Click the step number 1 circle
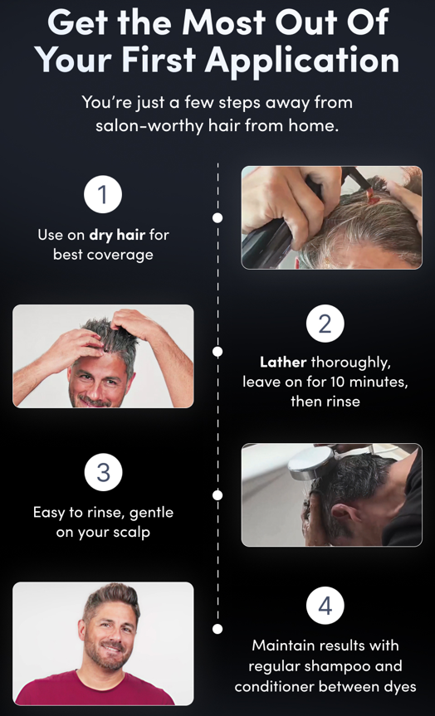pyautogui.click(x=103, y=194)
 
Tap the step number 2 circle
pyautogui.click(x=325, y=324)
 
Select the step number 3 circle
pyautogui.click(x=103, y=473)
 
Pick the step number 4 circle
pyautogui.click(x=325, y=606)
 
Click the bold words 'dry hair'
pyautogui.click(x=117, y=235)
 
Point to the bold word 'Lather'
pyautogui.click(x=283, y=363)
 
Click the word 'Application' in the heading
pyautogui.click(x=301, y=60)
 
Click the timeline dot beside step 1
pyautogui.click(x=217, y=218)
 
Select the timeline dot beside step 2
pyautogui.click(x=217, y=352)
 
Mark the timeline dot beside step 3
pyautogui.click(x=217, y=495)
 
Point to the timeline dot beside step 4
pyautogui.click(x=217, y=629)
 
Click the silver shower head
pyautogui.click(x=311, y=462)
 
